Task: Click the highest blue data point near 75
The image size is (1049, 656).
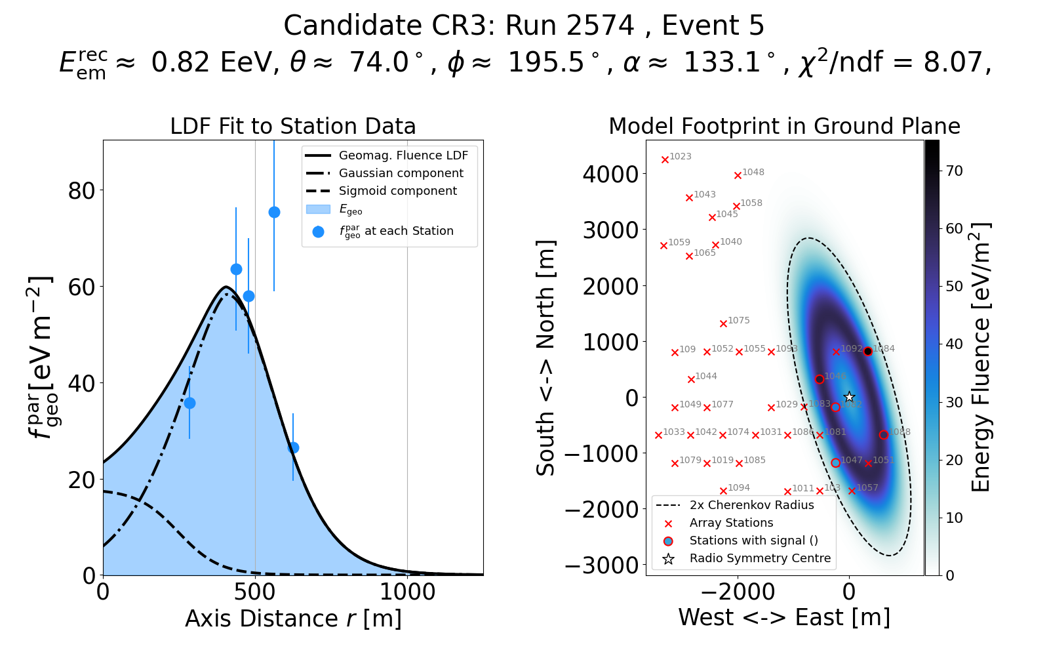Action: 274,212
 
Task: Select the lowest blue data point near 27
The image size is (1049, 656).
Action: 293,447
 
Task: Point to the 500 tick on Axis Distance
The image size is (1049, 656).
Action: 255,592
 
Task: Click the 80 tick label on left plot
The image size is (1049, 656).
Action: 81,191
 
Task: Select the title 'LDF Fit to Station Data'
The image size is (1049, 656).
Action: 292,126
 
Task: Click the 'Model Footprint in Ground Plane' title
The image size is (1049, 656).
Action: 784,126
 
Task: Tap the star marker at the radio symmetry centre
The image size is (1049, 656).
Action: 849,397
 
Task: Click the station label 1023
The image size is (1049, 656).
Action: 681,157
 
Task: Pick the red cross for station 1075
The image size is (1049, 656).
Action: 723,323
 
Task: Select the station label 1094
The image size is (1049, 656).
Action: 739,488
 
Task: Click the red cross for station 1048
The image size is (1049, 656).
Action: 738,175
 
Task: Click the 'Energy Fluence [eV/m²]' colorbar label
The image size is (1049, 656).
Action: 981,358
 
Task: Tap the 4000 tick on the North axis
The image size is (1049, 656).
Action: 610,174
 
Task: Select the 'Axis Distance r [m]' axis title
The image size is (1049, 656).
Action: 292,619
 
